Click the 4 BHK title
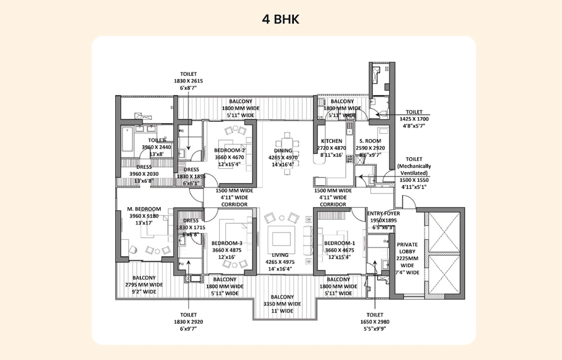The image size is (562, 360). click(280, 20)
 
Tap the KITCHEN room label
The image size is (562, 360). click(332, 141)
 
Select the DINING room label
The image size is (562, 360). click(283, 151)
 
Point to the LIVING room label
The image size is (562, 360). click(279, 255)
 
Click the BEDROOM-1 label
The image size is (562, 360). click(339, 244)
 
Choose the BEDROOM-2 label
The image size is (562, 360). click(229, 150)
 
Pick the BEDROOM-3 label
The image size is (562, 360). click(227, 244)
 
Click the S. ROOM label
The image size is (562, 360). click(370, 141)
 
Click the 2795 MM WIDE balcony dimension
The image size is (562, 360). click(144, 285)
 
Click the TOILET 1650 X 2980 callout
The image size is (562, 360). click(375, 322)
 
